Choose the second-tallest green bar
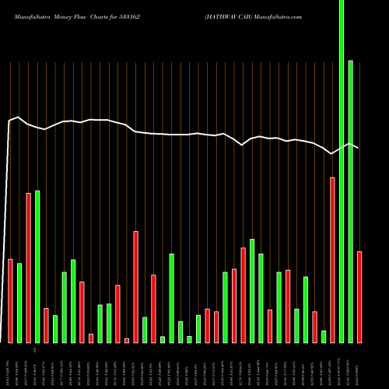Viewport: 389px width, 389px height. click(x=351, y=202)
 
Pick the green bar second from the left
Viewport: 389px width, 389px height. click(x=19, y=303)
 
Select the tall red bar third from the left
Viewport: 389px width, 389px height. click(x=29, y=268)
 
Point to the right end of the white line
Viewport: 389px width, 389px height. click(x=358, y=147)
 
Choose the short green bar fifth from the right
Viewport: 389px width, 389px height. click(x=324, y=336)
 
